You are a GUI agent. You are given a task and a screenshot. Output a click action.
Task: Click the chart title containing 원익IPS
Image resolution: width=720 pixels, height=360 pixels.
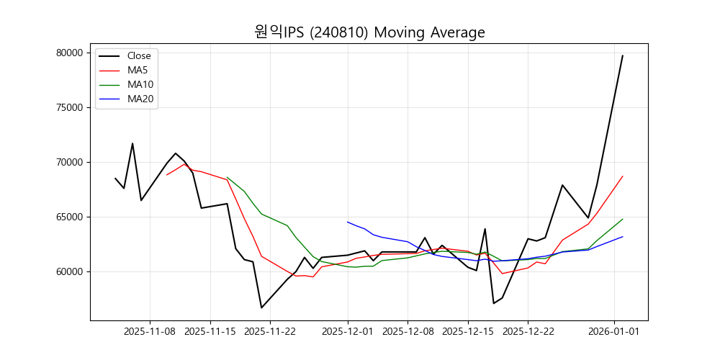pos(369,32)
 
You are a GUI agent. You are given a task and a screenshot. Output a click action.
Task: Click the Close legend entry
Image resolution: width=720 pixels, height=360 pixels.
pos(139,55)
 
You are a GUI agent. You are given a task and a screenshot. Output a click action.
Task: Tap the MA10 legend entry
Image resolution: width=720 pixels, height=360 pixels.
pos(140,84)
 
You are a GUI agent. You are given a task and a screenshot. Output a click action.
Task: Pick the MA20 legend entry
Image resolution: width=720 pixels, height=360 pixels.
pos(140,99)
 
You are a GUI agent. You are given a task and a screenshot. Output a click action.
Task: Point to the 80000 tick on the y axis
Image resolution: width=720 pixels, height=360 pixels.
pos(71,53)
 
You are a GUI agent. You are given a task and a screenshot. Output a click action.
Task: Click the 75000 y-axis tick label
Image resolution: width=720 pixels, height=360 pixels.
pos(71,107)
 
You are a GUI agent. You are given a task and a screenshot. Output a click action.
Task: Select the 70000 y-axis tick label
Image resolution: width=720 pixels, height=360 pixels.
pos(71,162)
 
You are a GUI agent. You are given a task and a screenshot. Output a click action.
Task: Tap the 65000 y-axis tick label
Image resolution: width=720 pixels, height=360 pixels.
pos(71,217)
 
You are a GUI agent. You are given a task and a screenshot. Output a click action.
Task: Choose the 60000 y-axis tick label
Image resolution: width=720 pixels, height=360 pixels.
pos(71,271)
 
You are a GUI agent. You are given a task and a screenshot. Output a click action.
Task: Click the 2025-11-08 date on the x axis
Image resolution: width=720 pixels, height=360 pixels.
pos(150,332)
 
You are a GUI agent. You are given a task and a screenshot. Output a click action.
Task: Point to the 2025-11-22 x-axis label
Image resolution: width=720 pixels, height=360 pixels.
pos(270,332)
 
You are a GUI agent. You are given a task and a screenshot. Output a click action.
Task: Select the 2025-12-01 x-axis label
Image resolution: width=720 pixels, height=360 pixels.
pos(348,332)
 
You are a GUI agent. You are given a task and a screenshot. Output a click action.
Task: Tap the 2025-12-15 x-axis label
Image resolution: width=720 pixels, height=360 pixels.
pos(468,332)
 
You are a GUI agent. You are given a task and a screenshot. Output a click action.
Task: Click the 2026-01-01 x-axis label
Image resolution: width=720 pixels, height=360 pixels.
pos(614,332)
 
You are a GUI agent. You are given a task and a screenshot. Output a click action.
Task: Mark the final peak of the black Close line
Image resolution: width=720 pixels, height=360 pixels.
pos(623,55)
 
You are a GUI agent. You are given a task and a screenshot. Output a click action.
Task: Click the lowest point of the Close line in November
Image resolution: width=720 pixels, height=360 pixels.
pos(261,307)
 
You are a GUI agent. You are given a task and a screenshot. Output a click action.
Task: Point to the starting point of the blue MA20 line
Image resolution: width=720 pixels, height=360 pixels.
pos(348,222)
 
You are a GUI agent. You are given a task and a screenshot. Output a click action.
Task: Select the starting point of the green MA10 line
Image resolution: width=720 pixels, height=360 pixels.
pos(228,177)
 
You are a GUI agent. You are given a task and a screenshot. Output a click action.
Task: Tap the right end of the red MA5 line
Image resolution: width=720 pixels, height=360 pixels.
pos(623,176)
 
